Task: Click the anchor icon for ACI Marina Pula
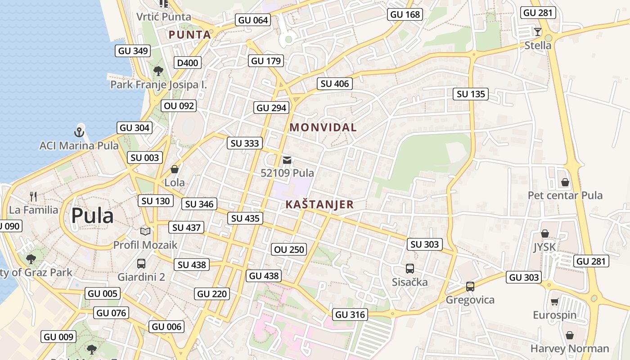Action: (x=79, y=132)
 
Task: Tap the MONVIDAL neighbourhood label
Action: (x=323, y=127)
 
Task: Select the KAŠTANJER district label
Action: (x=319, y=205)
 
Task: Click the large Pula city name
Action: (x=92, y=216)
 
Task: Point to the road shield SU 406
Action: (x=335, y=84)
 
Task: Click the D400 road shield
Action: (x=188, y=63)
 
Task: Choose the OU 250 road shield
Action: (x=290, y=249)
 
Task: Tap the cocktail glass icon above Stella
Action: (x=537, y=32)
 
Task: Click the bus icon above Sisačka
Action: (x=409, y=269)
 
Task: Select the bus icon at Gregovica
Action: (x=470, y=286)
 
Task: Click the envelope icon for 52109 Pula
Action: (x=287, y=160)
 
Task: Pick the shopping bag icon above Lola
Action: (x=175, y=170)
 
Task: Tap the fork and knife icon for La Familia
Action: (x=33, y=196)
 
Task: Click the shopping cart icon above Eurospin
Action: (x=554, y=301)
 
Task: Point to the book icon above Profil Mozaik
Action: (x=145, y=231)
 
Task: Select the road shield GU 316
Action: (x=350, y=315)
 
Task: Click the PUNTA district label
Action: (x=189, y=35)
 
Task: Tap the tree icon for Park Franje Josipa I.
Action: (x=158, y=71)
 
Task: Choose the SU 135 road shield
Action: (x=471, y=94)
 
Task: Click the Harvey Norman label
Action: (x=569, y=348)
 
